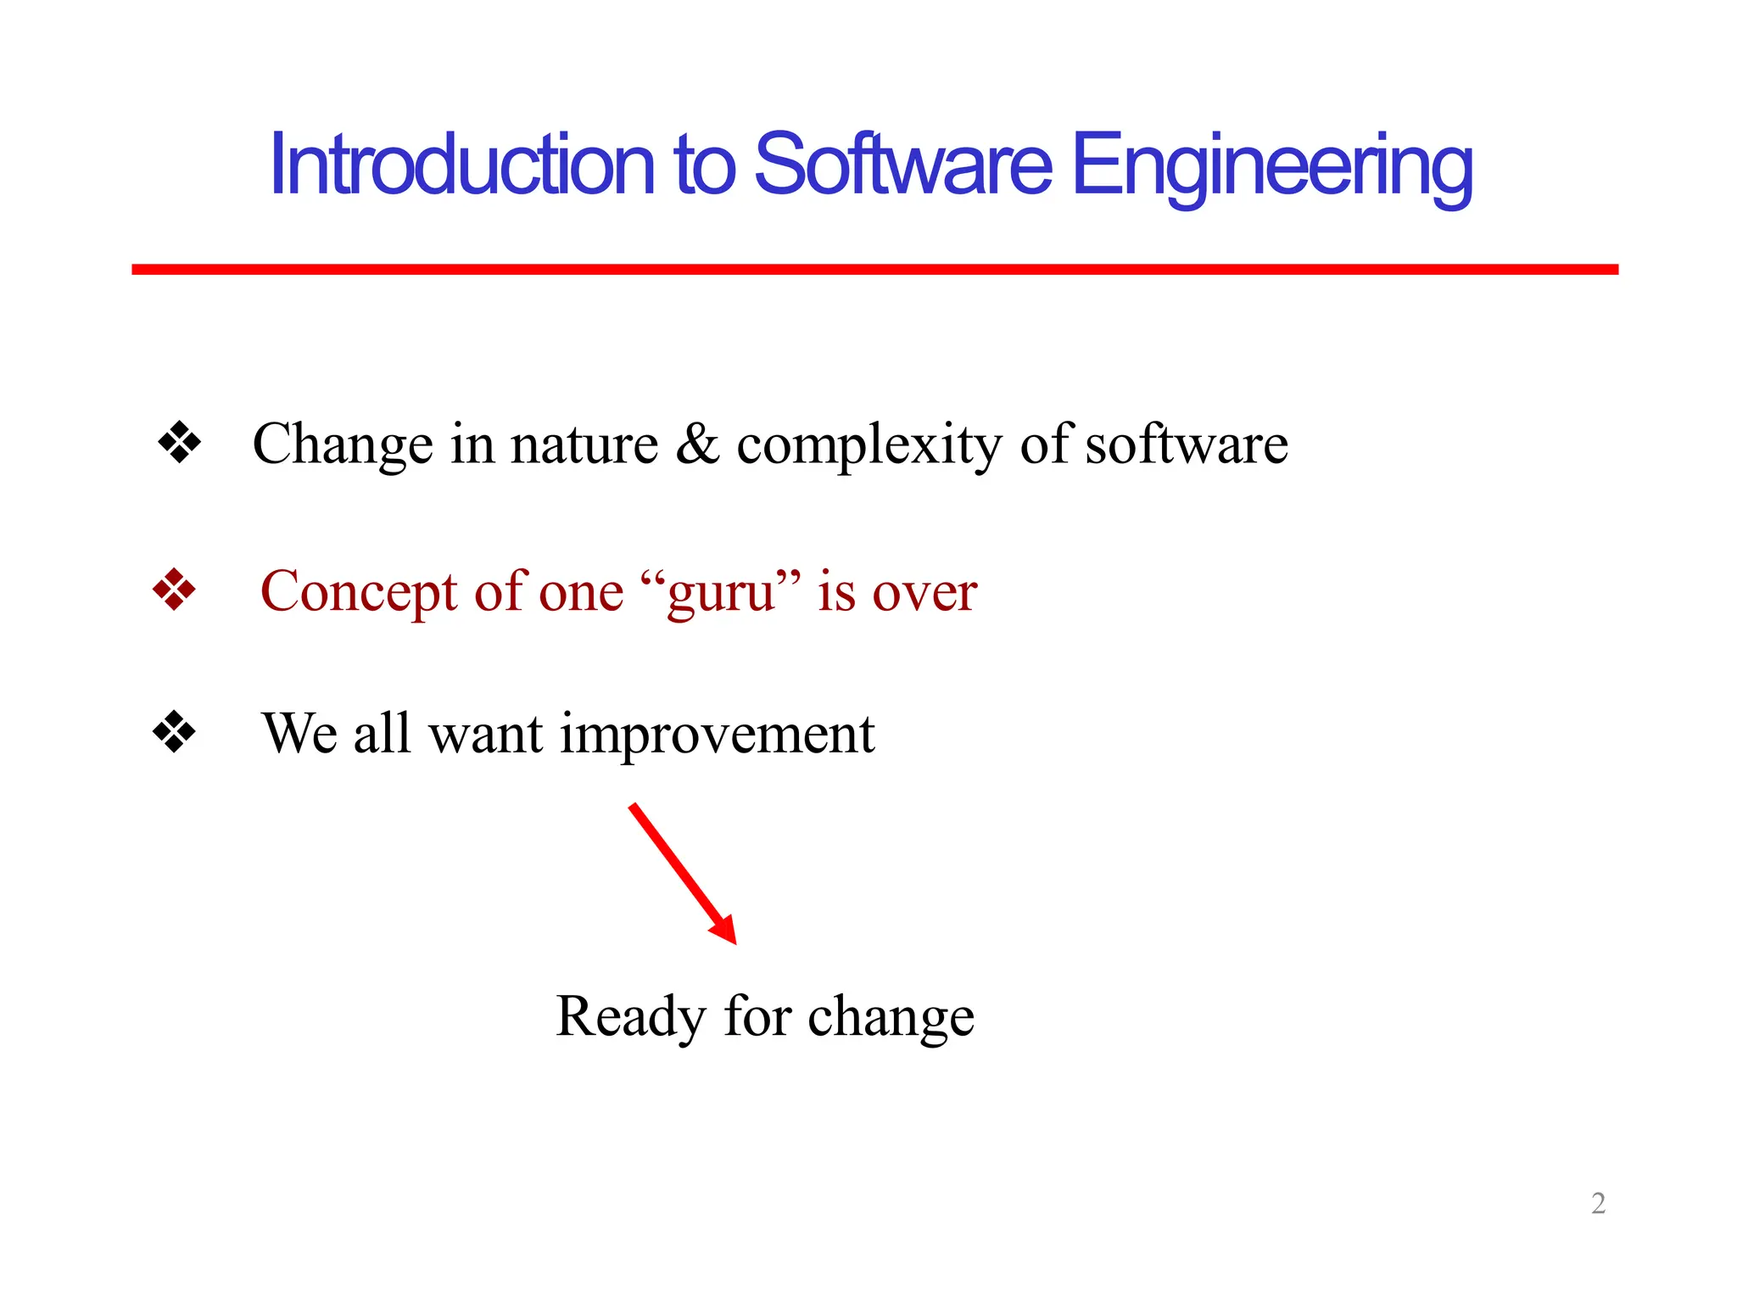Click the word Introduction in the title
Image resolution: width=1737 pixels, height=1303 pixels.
462,165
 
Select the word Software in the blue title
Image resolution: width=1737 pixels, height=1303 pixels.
902,165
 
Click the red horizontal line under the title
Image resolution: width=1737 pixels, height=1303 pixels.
874,269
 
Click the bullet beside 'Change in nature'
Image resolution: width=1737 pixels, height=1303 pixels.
179,443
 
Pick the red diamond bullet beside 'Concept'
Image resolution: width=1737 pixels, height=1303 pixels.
174,590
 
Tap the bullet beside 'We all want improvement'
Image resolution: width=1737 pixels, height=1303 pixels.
174,731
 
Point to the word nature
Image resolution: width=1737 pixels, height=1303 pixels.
584,445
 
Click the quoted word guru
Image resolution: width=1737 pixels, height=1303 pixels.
721,592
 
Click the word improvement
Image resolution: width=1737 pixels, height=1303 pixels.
717,735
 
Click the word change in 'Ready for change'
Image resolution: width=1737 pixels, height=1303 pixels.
891,1016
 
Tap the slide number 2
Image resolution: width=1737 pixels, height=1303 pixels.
1598,1203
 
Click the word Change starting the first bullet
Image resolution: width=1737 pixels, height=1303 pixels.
343,445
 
